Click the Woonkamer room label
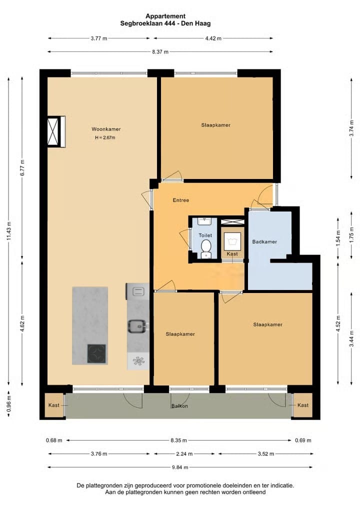point(106,129)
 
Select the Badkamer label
point(264,242)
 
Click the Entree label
point(181,200)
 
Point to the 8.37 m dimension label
point(160,51)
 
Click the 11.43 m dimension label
point(9,231)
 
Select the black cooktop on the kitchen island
point(96,353)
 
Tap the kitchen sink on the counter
point(137,326)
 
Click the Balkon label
point(179,406)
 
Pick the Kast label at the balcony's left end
point(54,405)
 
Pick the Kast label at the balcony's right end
point(303,405)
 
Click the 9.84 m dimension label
point(180,467)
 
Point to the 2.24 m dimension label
point(184,454)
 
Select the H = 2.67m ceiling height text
point(105,137)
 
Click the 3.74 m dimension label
point(351,128)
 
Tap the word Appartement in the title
point(165,16)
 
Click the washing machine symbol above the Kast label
point(232,241)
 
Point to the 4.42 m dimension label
point(213,38)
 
